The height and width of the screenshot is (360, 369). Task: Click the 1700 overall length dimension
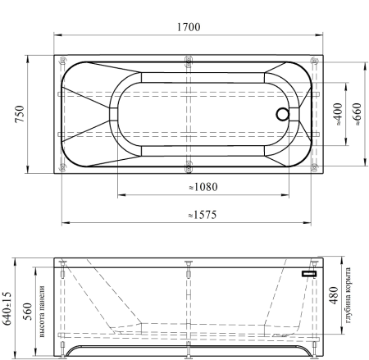coord(189,27)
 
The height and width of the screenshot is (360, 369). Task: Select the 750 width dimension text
coord(20,114)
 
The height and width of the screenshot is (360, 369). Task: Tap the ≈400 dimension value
coord(338,114)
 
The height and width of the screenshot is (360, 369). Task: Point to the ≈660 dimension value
coord(357,114)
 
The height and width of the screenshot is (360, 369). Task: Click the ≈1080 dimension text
coord(203,187)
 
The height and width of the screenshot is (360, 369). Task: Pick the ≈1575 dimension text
coord(203,215)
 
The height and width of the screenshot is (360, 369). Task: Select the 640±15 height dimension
coord(7,308)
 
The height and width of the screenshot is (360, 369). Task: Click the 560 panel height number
coord(27,312)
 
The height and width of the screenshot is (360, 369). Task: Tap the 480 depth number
coord(334,295)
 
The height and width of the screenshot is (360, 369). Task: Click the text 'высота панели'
coord(42,312)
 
